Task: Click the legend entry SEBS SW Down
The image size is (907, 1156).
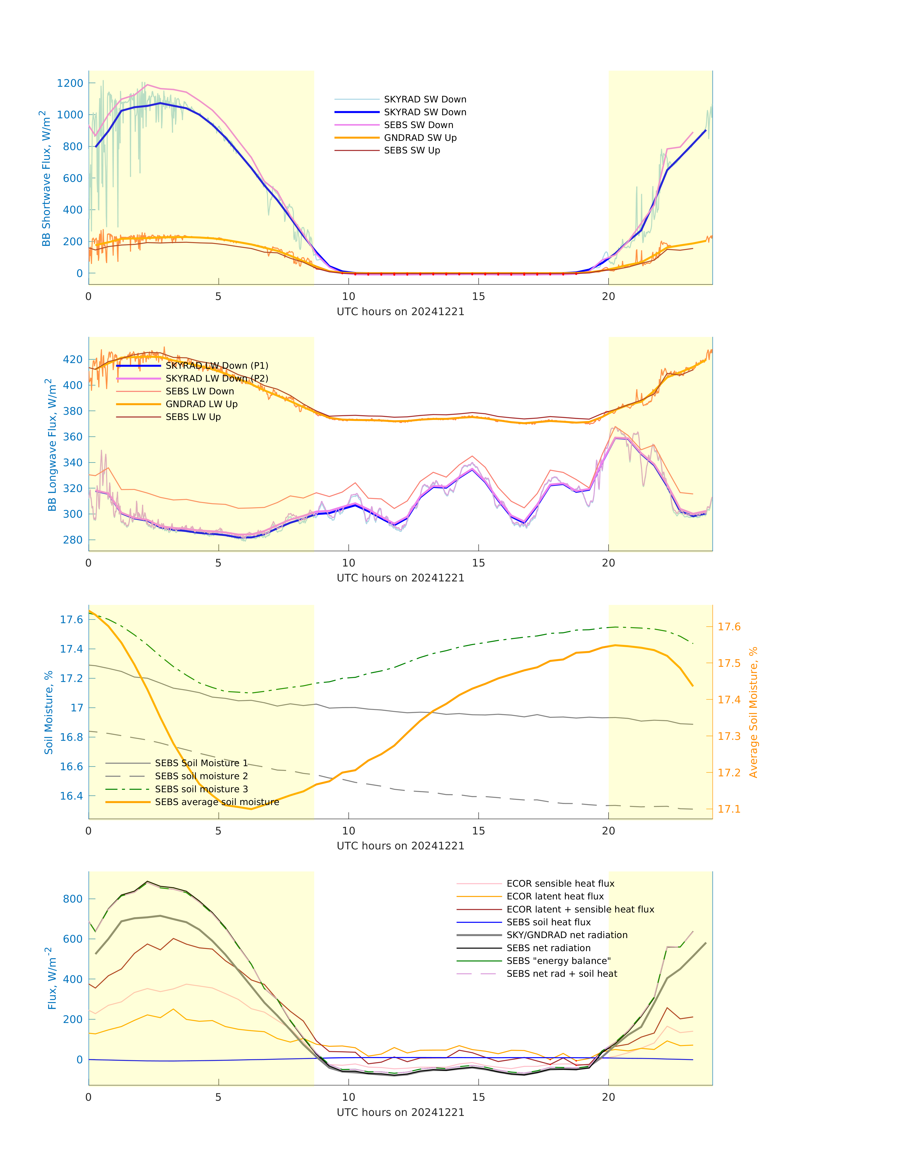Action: [x=419, y=125]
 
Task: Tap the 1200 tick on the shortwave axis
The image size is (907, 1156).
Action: [x=70, y=83]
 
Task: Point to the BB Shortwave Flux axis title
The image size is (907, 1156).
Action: [x=46, y=178]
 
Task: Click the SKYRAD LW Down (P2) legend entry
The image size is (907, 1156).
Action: [x=217, y=378]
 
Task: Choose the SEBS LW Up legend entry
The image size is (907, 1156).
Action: [x=193, y=417]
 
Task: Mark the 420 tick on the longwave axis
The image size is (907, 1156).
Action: [x=73, y=359]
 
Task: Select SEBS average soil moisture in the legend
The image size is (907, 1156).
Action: [x=217, y=802]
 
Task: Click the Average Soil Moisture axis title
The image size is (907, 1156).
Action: [x=753, y=712]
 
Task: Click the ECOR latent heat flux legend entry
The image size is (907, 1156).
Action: [x=555, y=896]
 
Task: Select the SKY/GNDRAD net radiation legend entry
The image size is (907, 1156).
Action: [x=567, y=935]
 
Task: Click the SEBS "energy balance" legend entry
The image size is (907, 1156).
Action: [x=558, y=961]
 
